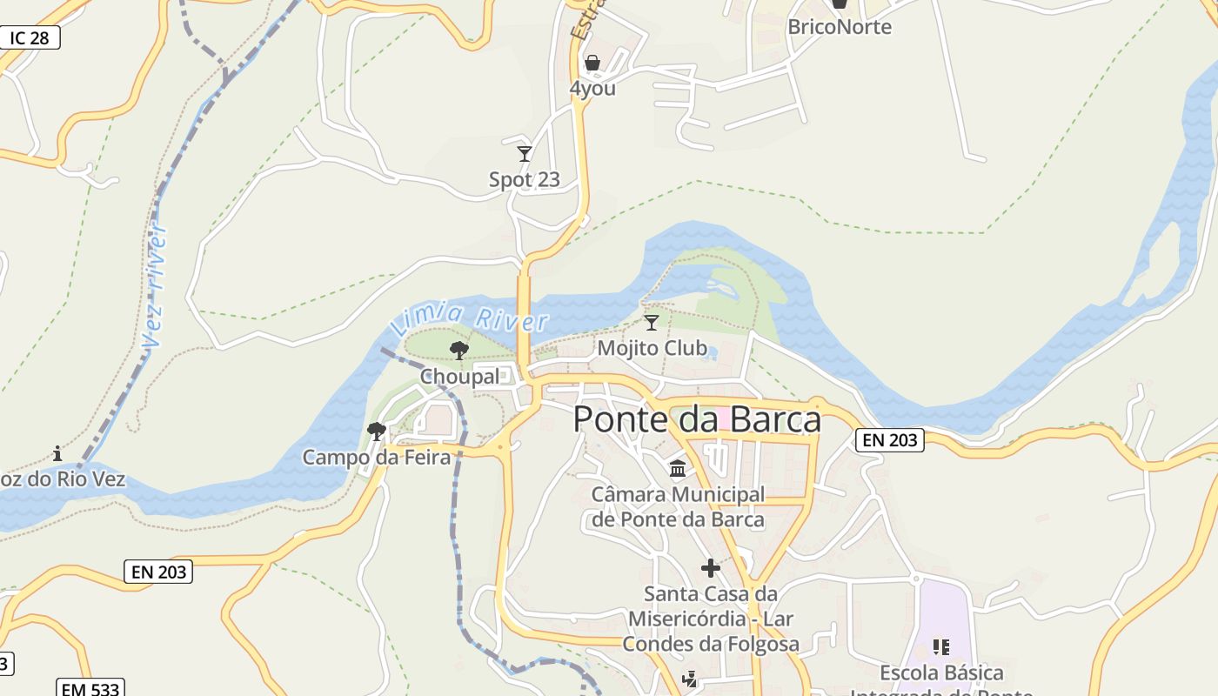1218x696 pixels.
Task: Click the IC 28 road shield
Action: [x=30, y=38]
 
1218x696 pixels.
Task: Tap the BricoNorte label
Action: [x=839, y=27]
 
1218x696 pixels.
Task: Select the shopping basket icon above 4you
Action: [x=592, y=63]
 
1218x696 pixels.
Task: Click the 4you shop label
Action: [x=592, y=88]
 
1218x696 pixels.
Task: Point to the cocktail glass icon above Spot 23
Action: [x=524, y=154]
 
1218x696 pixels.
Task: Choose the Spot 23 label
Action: [x=524, y=180]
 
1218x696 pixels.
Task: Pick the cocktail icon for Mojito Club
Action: [x=651, y=322]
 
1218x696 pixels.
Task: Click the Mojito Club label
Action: [x=652, y=348]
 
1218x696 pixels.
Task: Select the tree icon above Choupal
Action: [x=459, y=351]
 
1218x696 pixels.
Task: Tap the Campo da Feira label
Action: [x=376, y=457]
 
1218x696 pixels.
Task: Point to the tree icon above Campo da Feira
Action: [x=377, y=431]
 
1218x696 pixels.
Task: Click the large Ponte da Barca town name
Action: [x=697, y=419]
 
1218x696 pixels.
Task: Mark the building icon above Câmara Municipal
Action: [x=678, y=470]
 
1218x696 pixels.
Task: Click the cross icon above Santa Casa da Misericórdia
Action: [x=711, y=568]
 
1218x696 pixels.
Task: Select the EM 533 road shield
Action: [x=90, y=688]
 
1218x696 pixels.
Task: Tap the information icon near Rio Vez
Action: [x=57, y=453]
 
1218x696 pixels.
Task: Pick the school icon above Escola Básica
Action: [x=940, y=646]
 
